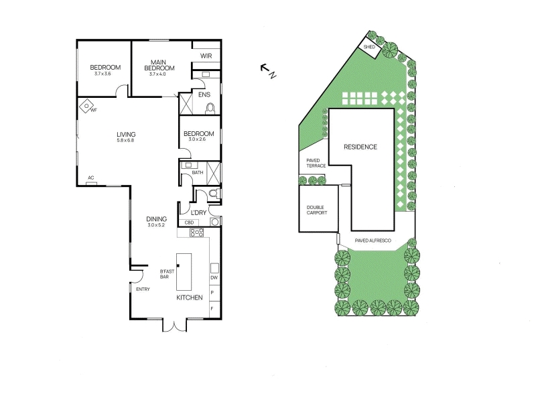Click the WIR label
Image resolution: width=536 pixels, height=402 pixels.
click(206, 56)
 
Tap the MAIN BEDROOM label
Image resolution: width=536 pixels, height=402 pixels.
click(159, 65)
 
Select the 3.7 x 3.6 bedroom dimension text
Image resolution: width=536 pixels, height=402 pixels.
click(103, 74)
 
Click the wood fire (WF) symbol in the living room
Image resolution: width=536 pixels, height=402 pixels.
click(86, 106)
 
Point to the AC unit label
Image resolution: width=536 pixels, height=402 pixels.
click(91, 178)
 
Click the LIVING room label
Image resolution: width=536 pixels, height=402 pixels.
click(126, 135)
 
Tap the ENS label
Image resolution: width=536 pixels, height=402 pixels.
click(204, 94)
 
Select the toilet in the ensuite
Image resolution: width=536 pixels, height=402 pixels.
click(210, 109)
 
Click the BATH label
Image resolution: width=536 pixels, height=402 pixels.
click(198, 173)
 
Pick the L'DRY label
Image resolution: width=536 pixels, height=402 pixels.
click(198, 212)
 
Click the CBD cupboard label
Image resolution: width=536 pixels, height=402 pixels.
click(189, 222)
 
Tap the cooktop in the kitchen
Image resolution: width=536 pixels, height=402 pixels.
click(197, 232)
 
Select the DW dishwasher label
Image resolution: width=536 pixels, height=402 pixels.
click(214, 277)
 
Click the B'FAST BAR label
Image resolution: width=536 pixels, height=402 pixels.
click(167, 274)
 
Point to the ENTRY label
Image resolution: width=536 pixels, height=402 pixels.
click(143, 289)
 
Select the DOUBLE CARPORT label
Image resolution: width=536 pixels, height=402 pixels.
click(317, 210)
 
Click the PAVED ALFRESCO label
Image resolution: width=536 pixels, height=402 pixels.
click(373, 241)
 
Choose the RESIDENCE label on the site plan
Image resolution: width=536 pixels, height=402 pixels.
click(360, 147)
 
